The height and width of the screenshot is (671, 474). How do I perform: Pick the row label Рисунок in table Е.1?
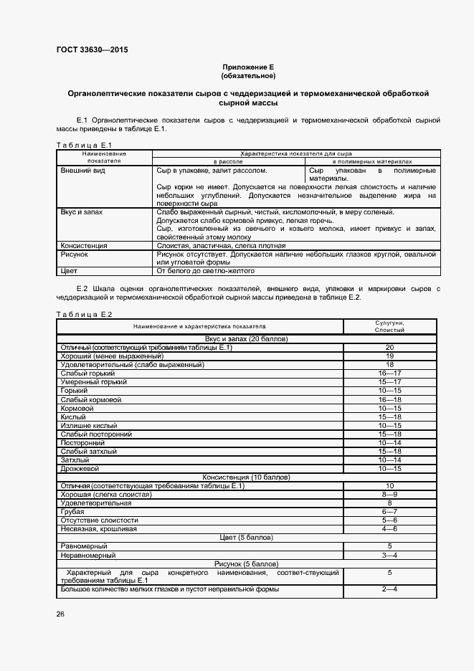(x=75, y=254)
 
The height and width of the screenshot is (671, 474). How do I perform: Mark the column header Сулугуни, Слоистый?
(x=389, y=327)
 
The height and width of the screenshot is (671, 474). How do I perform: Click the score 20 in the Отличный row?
(x=389, y=348)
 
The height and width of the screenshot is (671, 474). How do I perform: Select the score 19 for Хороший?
(x=389, y=356)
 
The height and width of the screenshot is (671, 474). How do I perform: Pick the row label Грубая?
(x=73, y=512)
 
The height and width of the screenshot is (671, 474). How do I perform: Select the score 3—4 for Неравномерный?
(x=389, y=555)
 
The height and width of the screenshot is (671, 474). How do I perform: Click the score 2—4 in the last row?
(x=389, y=589)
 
